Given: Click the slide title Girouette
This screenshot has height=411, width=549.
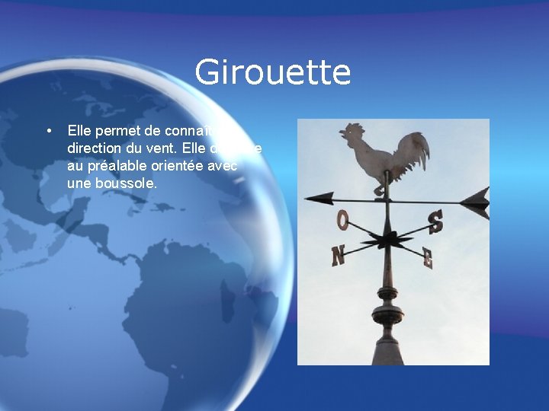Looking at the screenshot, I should (x=272, y=73).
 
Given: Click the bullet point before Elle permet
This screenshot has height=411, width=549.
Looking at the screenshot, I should (x=48, y=131).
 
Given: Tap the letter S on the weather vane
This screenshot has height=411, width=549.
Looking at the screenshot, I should (x=435, y=221).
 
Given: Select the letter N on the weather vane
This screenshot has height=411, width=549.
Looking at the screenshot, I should (x=338, y=256).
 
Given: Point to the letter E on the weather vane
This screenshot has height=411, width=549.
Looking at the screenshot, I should (x=428, y=259).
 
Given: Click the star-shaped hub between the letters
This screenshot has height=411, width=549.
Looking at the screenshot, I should (x=387, y=242).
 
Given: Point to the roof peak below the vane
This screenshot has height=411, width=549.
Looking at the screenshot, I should (x=387, y=346).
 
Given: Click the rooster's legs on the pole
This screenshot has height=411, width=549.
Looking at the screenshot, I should (x=380, y=186).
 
